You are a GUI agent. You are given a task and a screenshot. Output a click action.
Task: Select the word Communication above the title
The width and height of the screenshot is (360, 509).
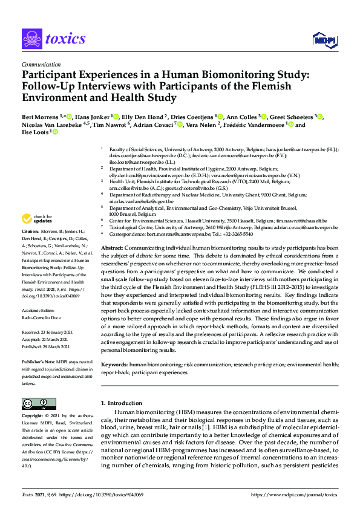point(41,63)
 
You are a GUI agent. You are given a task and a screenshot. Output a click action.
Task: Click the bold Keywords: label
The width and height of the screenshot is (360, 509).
point(115,366)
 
